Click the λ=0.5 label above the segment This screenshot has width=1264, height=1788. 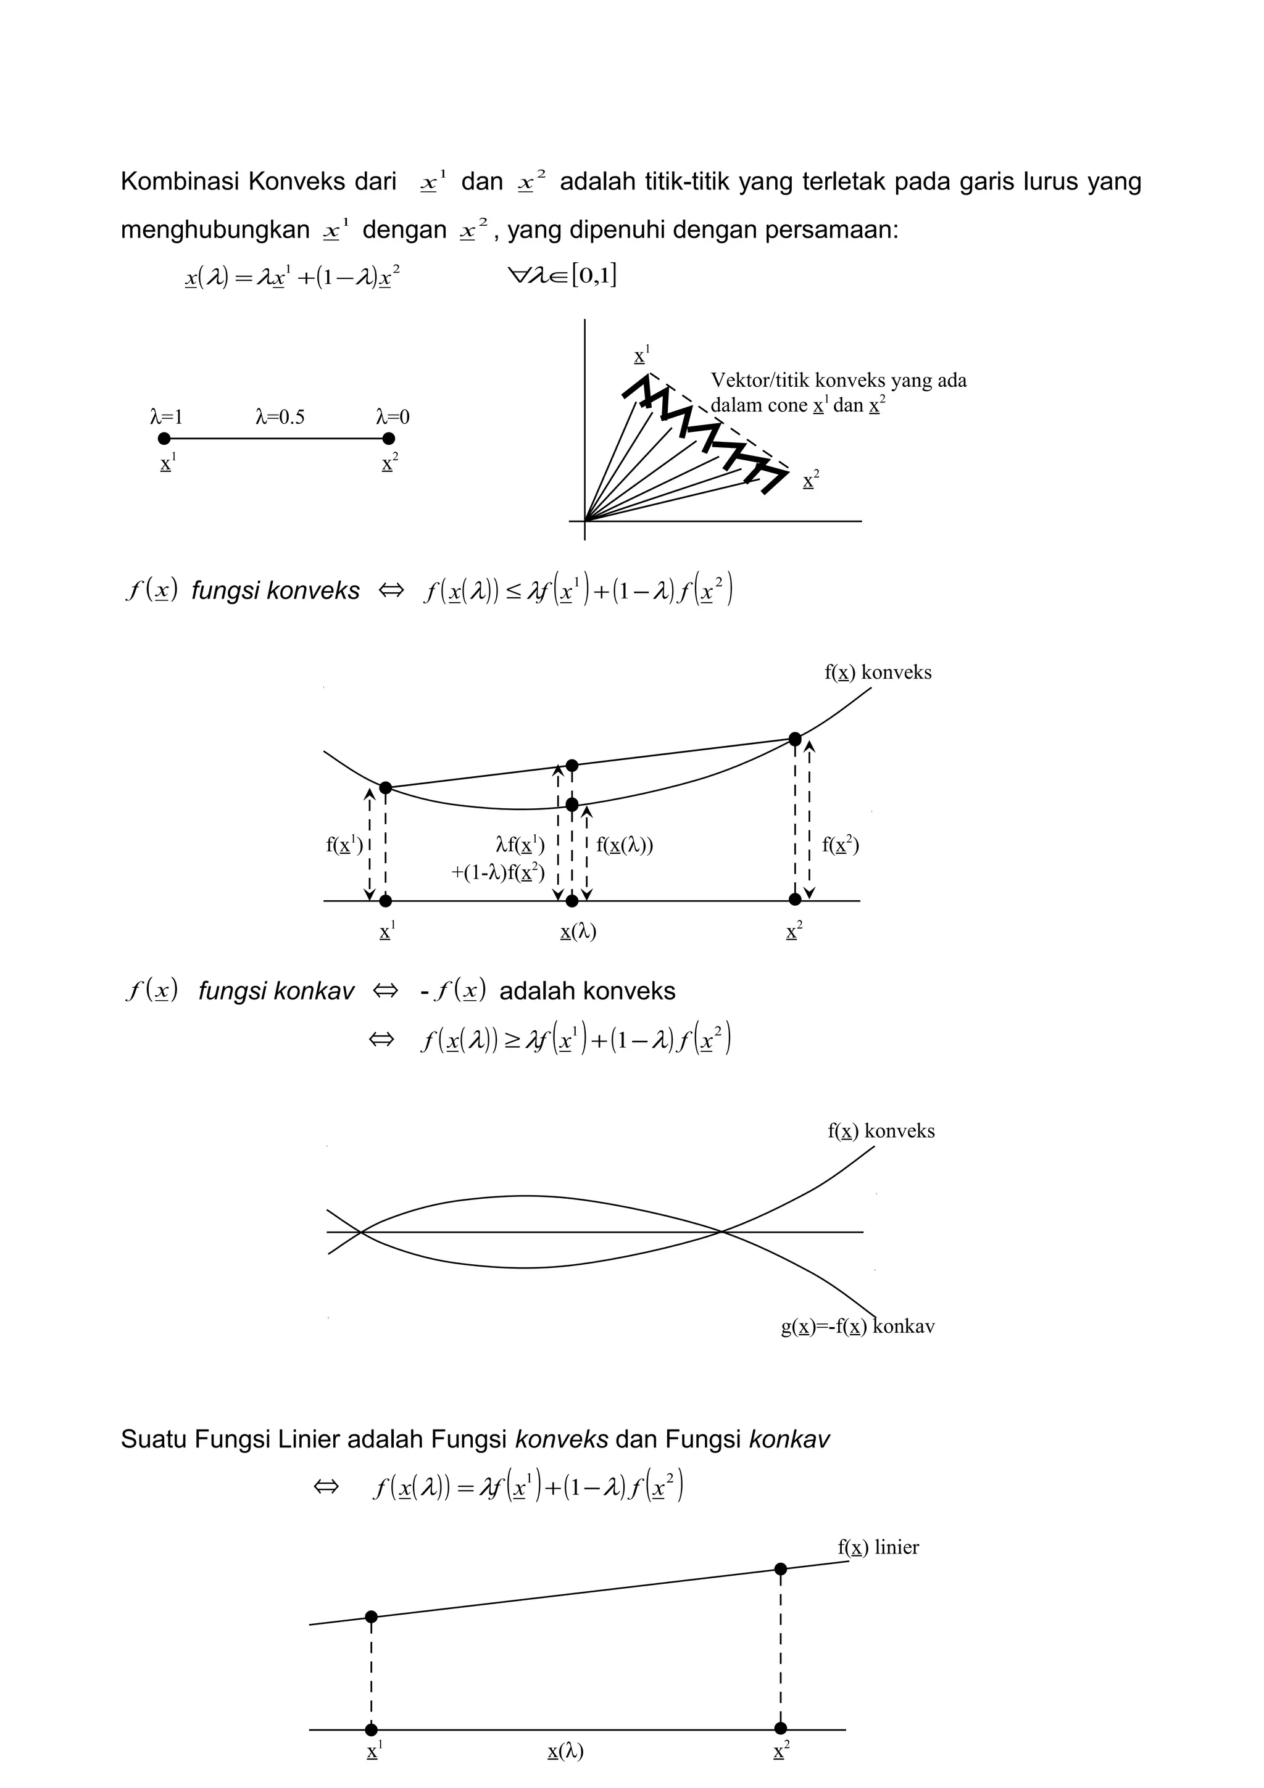pos(280,418)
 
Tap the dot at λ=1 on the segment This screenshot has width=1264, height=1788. pos(164,439)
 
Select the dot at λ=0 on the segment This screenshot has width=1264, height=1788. pos(389,439)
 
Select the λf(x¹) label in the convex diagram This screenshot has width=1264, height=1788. pos(520,845)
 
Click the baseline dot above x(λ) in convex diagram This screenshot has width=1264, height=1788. pos(572,901)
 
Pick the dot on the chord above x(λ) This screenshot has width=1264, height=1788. pos(572,766)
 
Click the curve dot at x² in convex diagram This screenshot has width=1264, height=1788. pos(794,739)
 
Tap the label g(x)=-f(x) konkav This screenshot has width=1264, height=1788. pos(857,1327)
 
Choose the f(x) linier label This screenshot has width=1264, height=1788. pos(878,1547)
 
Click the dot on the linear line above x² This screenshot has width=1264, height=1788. pos(780,1569)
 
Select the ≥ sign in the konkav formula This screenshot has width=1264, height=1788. pos(511,1040)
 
